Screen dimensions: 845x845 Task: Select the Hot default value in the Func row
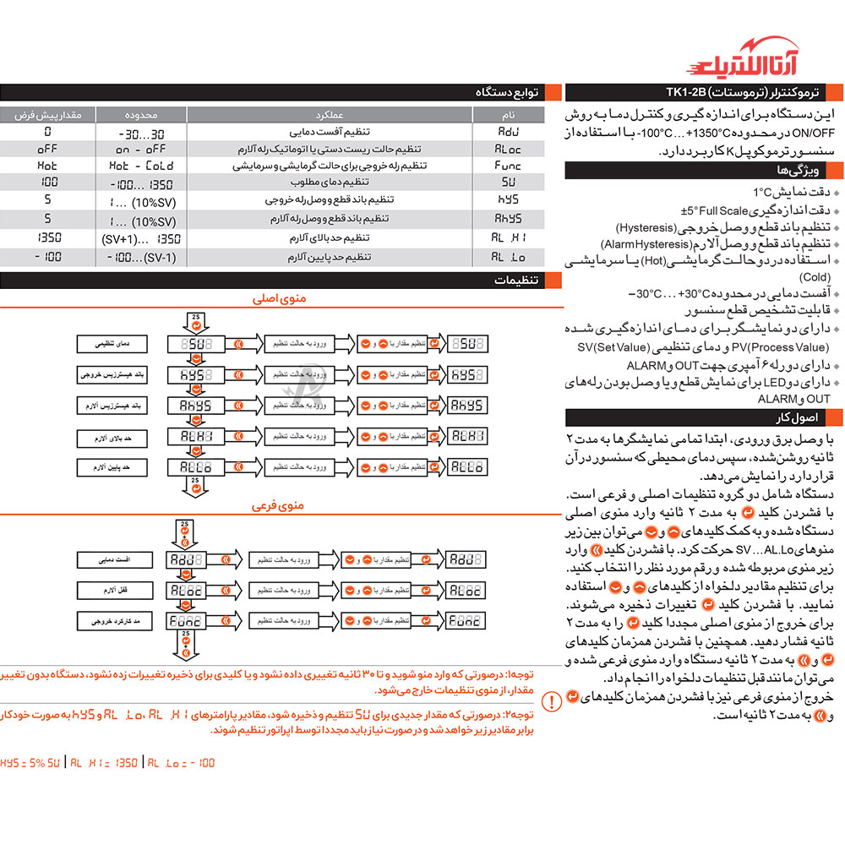click(x=47, y=166)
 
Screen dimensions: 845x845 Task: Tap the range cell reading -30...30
click(x=141, y=134)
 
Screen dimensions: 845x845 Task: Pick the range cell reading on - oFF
click(x=141, y=150)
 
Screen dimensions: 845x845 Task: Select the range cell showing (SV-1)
click(x=141, y=256)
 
